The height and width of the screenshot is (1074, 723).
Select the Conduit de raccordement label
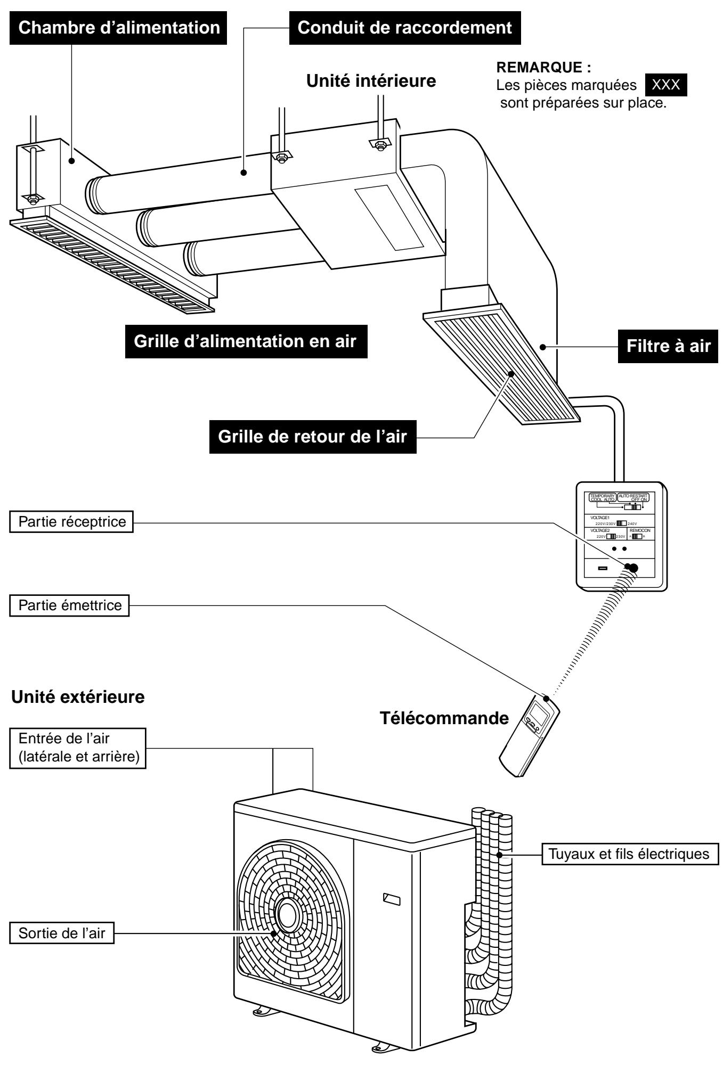405,28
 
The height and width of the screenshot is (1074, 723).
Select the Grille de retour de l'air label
313,437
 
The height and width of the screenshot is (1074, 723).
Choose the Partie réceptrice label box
71,522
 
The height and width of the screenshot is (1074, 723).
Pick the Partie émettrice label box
69,605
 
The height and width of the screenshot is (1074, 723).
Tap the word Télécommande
444,718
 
